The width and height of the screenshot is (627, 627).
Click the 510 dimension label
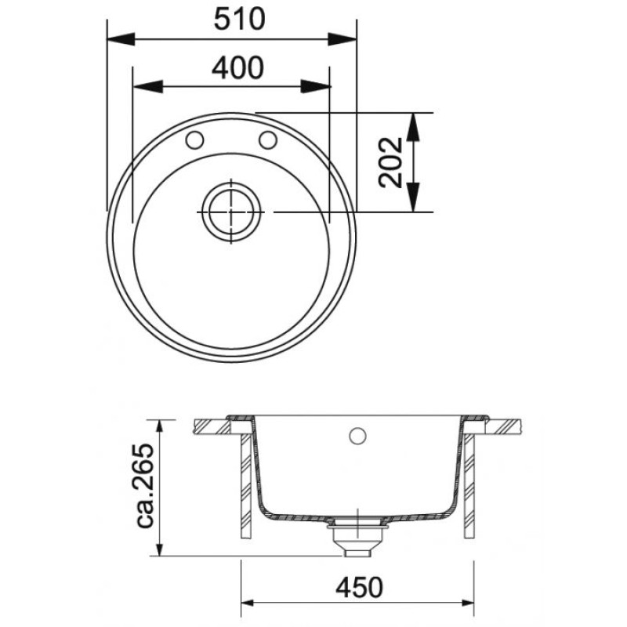(239, 19)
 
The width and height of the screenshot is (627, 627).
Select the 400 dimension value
(238, 67)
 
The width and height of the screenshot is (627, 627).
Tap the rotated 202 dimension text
(390, 162)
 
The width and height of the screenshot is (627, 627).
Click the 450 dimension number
(359, 587)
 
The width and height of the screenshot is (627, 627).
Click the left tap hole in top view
(194, 140)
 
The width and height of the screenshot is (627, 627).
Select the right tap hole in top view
(268, 140)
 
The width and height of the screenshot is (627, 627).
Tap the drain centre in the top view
(231, 212)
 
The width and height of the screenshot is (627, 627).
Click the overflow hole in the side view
(357, 436)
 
